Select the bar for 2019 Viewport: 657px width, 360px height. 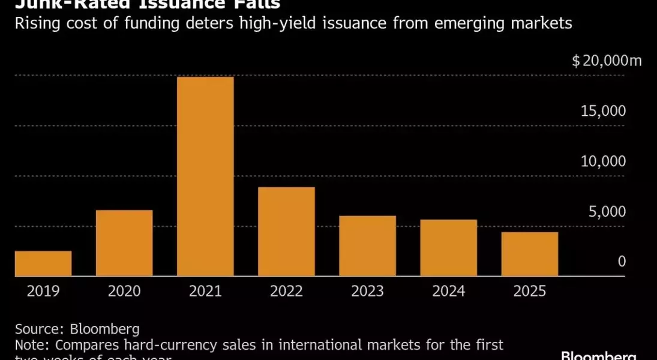43,263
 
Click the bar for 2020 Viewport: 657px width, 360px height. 124,243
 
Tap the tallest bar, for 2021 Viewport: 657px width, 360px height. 205,176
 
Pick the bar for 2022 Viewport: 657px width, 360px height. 286,232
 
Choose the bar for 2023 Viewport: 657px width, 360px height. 367,246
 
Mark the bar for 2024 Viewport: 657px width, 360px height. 448,248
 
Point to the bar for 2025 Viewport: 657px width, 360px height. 529,254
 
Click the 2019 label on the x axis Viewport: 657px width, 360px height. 43,292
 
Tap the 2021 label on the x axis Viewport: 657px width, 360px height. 205,292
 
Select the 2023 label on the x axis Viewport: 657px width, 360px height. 367,292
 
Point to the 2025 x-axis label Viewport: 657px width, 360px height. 529,292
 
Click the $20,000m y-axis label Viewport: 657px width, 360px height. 607,61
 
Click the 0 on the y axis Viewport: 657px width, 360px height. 622,262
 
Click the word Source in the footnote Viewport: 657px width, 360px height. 40,329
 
